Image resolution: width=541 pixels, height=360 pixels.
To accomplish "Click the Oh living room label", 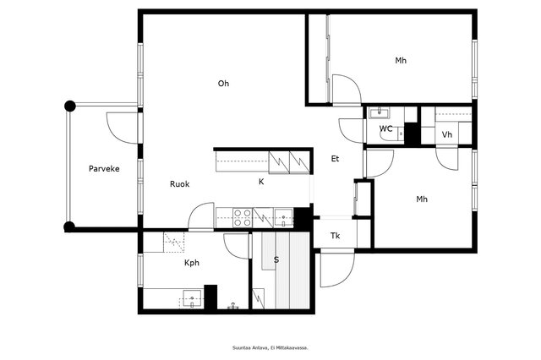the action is [x=223, y=83].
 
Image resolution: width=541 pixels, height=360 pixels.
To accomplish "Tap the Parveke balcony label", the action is [x=104, y=169].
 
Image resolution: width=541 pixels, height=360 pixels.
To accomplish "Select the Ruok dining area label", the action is [x=180, y=183].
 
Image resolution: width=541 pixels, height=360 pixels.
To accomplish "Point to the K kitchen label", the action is [x=261, y=182].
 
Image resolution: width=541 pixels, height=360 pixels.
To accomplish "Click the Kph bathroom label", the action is [x=192, y=263].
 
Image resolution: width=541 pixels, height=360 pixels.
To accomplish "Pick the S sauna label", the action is [x=276, y=259].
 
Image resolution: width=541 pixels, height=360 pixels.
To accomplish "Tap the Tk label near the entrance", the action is [x=335, y=236].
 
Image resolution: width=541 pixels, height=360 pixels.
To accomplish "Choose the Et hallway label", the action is [x=335, y=159].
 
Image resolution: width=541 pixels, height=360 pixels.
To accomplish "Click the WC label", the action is [x=385, y=128].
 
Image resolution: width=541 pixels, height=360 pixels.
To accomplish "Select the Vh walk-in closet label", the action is [x=447, y=134].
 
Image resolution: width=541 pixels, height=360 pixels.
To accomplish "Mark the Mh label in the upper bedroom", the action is [x=401, y=61].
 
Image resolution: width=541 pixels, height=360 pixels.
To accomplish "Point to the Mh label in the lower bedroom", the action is [x=422, y=199].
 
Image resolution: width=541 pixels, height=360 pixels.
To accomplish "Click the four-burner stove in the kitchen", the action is [x=242, y=218].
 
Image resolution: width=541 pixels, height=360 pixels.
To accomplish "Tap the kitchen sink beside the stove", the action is [x=283, y=217].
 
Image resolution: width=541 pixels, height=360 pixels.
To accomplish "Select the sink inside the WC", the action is [x=380, y=112].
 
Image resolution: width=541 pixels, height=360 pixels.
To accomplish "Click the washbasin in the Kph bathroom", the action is [x=192, y=298].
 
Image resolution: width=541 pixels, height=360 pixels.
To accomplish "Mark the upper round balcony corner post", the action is [x=70, y=106].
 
